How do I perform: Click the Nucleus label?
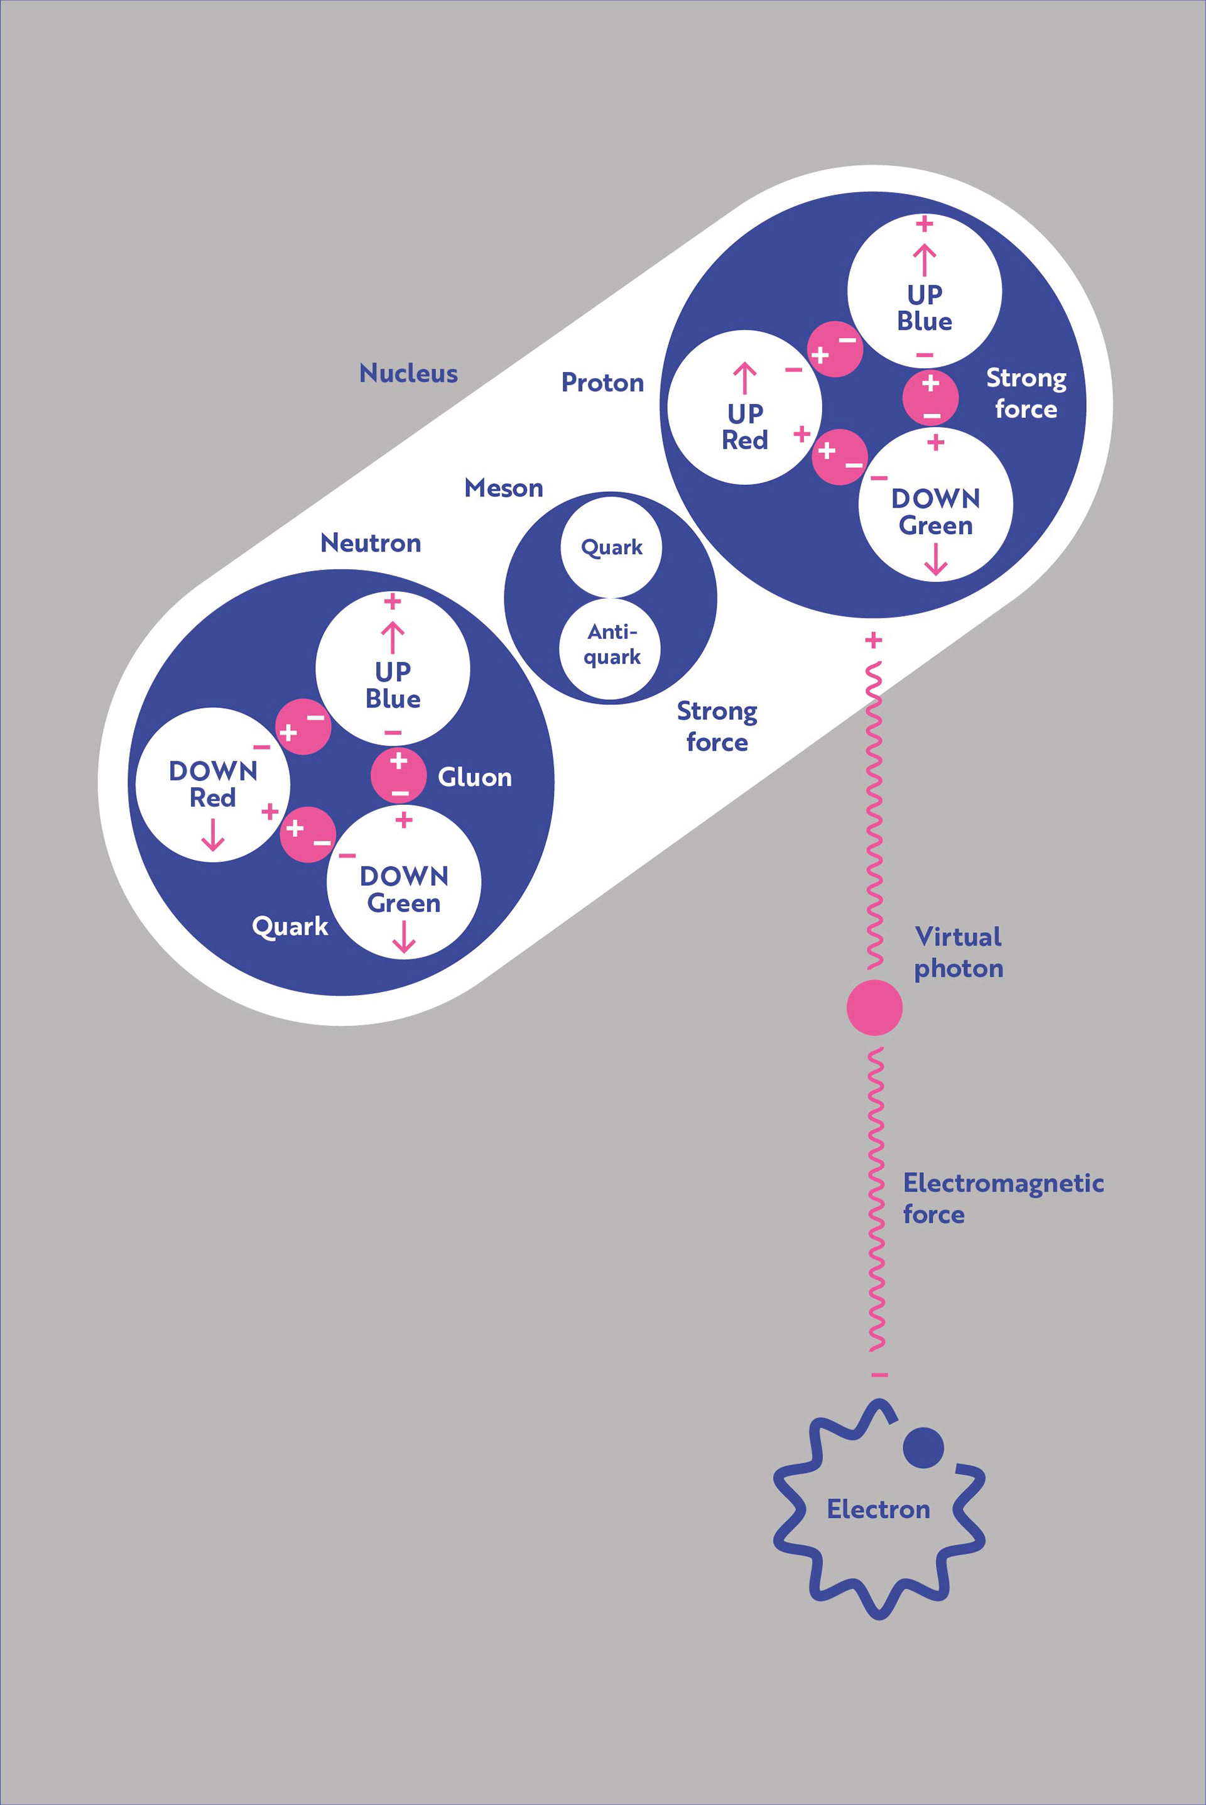pos(408,374)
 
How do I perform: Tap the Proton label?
pos(602,383)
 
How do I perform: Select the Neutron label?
pos(371,543)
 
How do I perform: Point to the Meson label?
pos(504,488)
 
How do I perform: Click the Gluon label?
pos(475,778)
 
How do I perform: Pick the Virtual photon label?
pos(959,952)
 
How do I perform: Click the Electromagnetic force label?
pos(1003,1198)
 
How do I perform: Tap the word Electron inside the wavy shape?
pos(878,1509)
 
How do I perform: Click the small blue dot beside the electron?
pos(923,1448)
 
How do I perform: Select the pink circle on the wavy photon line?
pos(874,1008)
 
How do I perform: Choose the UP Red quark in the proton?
pos(744,408)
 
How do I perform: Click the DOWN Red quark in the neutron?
pos(212,785)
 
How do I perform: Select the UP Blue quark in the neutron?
pos(392,668)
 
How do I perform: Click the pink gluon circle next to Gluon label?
pos(398,775)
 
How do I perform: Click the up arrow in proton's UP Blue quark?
pos(925,260)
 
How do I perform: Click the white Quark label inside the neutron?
pos(290,927)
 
